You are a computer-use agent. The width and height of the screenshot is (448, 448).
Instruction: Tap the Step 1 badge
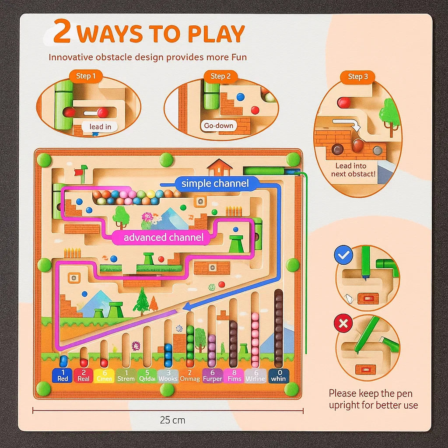coord(86,76)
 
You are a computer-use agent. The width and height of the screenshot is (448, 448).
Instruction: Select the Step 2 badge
coord(220,76)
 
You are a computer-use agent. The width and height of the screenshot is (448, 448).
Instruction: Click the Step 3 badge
coord(358,77)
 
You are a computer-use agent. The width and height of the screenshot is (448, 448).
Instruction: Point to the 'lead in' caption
coord(100,127)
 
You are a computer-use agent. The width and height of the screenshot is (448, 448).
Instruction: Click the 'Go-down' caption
coord(219,126)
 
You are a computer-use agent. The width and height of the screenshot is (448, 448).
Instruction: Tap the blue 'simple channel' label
coord(215,183)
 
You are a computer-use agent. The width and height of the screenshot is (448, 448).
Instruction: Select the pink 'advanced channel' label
coord(164,238)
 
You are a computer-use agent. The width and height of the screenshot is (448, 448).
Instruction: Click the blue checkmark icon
coord(343,255)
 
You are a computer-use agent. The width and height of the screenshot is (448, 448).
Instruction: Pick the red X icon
coord(343,324)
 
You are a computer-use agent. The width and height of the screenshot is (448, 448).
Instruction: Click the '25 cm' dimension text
coord(172,420)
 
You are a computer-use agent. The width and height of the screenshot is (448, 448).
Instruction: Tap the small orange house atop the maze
coord(220,167)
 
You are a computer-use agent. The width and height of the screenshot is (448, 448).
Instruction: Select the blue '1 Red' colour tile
coord(63,375)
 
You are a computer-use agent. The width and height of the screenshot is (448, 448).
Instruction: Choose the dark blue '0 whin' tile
coord(278,375)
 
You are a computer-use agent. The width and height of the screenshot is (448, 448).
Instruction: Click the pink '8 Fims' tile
coord(234,375)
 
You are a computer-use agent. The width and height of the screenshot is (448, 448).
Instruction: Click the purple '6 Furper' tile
coord(213,375)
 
